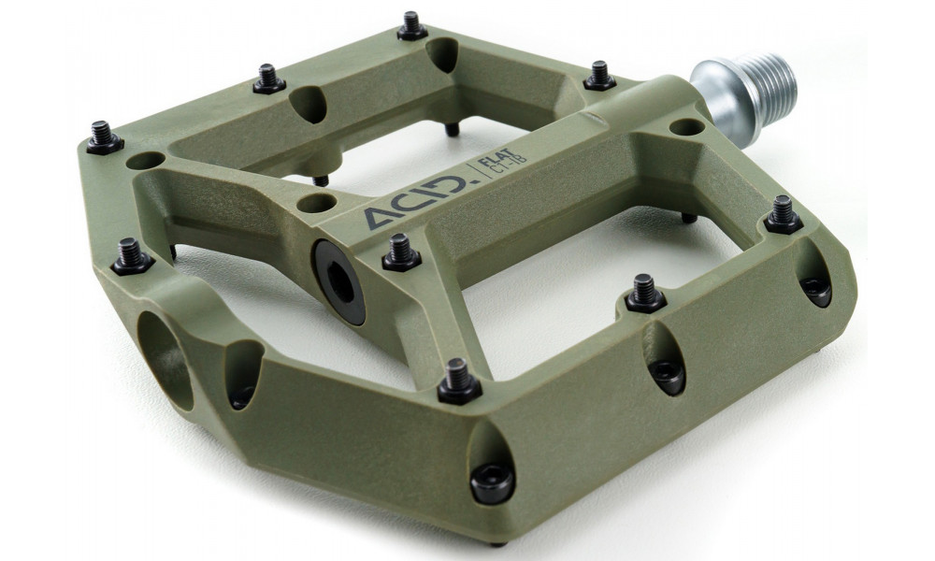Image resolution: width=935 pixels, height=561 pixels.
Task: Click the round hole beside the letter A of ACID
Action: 318,202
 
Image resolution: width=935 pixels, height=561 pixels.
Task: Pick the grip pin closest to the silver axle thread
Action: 599,76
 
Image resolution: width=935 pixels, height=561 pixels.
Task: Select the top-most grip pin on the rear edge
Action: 412,25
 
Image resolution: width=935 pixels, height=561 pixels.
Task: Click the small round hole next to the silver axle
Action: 686,127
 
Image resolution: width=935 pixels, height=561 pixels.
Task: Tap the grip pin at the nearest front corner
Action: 459,380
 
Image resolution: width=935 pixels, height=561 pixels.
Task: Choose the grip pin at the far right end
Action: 783,215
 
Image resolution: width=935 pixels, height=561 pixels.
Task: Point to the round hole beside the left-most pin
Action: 145,161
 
